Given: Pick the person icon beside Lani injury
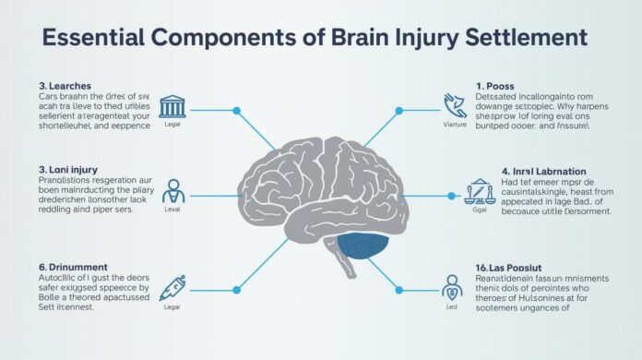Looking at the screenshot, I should tap(172, 191).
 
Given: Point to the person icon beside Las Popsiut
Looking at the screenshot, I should tap(452, 284).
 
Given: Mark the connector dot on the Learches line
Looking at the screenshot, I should tap(237, 112).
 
